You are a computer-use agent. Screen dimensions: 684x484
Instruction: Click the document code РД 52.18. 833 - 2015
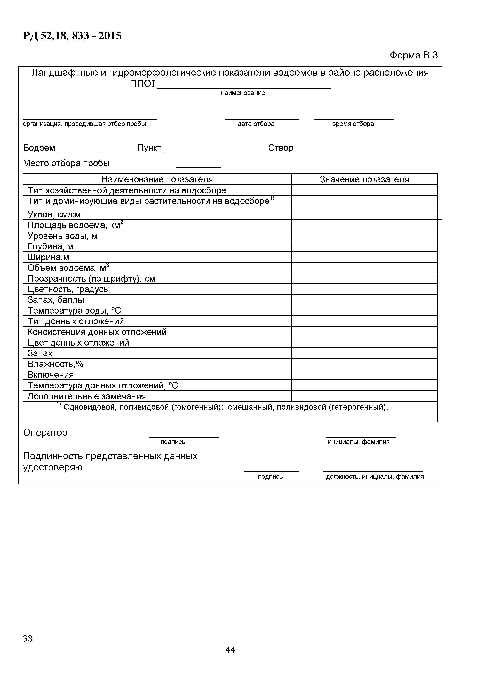(72, 36)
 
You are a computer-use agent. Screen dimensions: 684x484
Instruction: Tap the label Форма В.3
(413, 55)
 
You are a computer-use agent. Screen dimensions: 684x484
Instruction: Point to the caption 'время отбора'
(353, 124)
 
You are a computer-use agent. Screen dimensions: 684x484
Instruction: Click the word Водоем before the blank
(39, 148)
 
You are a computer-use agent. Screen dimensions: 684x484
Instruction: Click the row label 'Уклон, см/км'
(54, 214)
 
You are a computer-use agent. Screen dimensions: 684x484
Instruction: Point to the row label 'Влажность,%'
(55, 364)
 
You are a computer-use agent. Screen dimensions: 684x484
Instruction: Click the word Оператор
(45, 432)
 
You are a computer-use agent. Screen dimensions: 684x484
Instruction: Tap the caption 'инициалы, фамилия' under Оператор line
(359, 442)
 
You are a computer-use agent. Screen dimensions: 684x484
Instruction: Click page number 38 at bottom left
(28, 638)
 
